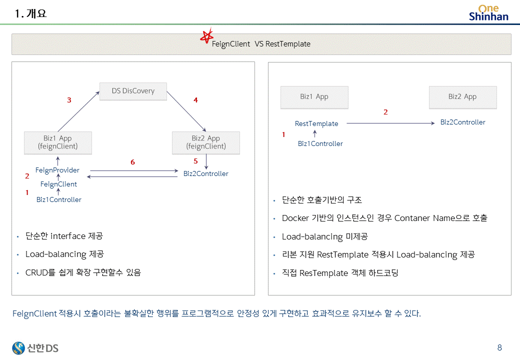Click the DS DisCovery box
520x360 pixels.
point(133,91)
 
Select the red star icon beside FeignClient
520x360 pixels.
point(205,36)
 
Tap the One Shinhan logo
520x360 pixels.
point(488,12)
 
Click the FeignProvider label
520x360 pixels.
point(57,170)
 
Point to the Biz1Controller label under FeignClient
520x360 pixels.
point(59,199)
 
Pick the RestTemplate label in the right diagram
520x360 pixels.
point(316,123)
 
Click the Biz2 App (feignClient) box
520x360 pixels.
point(205,142)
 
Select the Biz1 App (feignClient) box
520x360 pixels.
point(57,142)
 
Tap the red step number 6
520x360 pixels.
point(132,162)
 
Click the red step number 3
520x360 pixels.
point(69,100)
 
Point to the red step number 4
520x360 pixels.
point(195,100)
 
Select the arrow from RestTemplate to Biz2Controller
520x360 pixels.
point(390,123)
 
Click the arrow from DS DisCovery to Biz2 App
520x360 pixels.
point(186,111)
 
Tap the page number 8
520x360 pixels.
point(499,348)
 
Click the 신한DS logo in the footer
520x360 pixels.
point(35,347)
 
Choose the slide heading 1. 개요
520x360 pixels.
point(31,14)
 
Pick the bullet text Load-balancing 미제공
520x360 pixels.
point(324,236)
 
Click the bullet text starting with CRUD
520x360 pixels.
point(83,272)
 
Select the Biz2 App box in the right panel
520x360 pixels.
point(462,97)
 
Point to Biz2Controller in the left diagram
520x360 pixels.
point(205,173)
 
